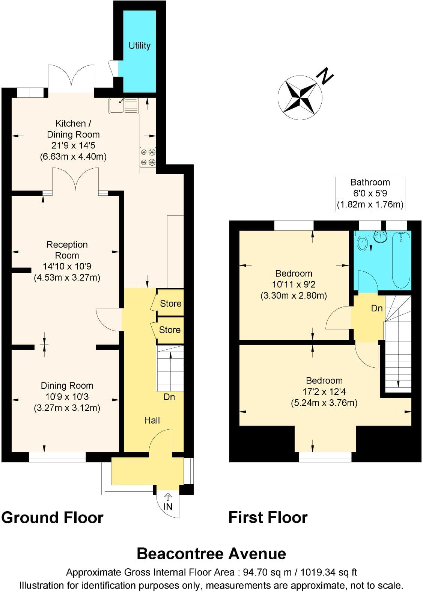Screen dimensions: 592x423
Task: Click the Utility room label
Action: coord(139,45)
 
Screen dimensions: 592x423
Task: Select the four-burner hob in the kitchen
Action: coord(148,157)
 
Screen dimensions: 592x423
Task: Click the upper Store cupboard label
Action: coord(171,304)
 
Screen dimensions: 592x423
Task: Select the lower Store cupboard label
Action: coord(170,330)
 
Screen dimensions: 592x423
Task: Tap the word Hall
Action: coord(152,420)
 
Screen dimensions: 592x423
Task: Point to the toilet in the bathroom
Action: coord(362,242)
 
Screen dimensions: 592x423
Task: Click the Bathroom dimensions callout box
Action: coord(370,193)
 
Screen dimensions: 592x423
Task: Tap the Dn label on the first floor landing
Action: coord(376,308)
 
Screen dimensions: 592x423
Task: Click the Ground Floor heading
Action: coord(52,518)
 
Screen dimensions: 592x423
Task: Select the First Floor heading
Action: coord(268,518)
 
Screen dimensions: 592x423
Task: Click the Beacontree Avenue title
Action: coord(211,554)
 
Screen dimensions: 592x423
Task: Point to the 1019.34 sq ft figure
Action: coord(330,572)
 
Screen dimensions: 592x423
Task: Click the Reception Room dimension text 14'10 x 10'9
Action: coord(67,266)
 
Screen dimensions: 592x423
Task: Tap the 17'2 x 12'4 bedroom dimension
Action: coord(324,392)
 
